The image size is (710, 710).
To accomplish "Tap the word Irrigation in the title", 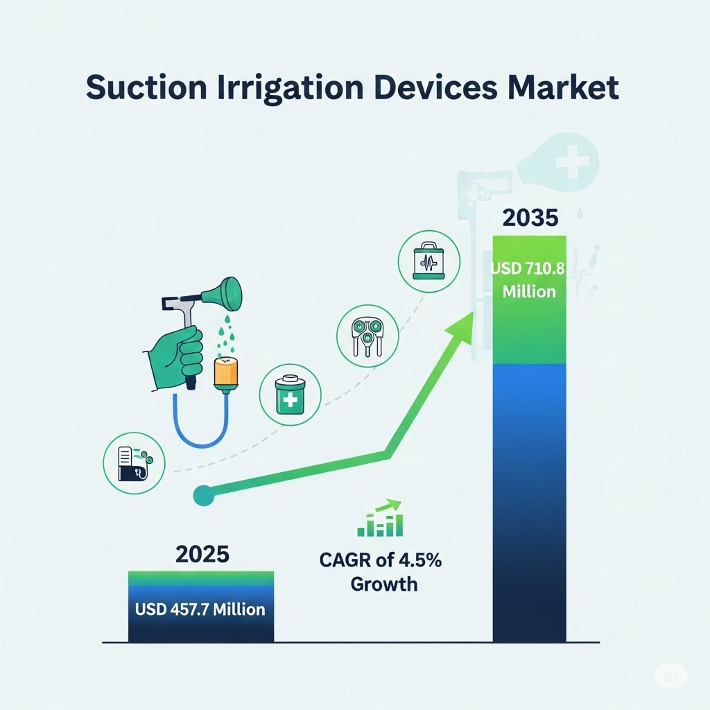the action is (x=291, y=89).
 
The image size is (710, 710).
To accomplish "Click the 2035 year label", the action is (x=530, y=218).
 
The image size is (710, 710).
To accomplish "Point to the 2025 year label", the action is (x=202, y=554).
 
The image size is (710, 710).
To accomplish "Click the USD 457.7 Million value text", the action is (x=200, y=609).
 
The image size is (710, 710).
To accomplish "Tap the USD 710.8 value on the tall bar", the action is (x=528, y=269).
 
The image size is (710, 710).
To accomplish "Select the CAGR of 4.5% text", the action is (x=381, y=560).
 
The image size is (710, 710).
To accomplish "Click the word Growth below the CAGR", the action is (x=384, y=584).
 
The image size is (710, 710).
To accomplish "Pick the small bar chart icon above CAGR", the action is (x=380, y=518).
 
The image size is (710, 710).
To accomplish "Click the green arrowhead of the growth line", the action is (x=460, y=325).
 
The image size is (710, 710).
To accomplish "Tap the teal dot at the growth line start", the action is (x=204, y=495).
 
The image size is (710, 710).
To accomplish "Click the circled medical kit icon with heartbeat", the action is (x=428, y=261).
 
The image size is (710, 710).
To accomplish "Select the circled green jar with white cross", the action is (x=291, y=395).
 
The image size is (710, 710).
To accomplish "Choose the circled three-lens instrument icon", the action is (x=367, y=336).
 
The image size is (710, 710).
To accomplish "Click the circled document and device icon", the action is (x=134, y=462).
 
